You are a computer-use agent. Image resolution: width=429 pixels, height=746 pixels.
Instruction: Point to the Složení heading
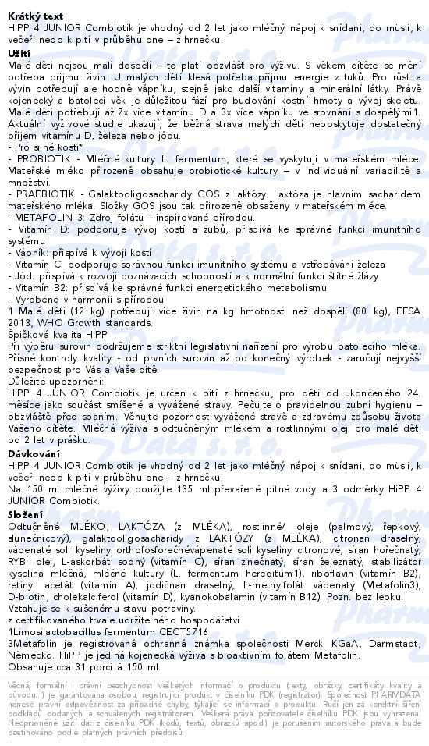(x=26, y=516)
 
